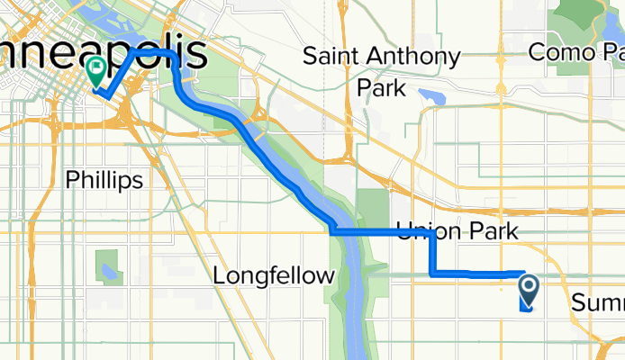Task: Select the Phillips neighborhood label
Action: pos(104,180)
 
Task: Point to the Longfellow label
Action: pos(273,275)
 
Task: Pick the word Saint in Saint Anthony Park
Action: pos(337,57)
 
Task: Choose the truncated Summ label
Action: pos(597,302)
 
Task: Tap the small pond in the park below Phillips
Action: pos(110,270)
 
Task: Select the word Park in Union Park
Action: pos(491,230)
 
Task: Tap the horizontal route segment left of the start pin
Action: pos(477,272)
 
